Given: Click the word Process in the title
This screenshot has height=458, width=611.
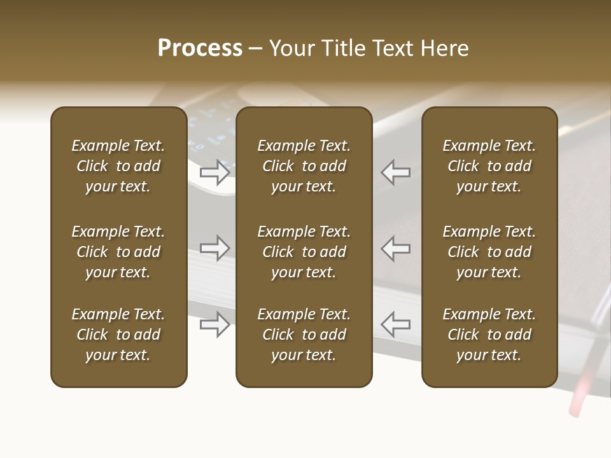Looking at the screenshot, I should [200, 48].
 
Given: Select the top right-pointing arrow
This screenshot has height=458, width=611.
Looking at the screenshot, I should [215, 172].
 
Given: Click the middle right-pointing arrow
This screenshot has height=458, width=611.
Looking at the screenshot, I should [215, 248].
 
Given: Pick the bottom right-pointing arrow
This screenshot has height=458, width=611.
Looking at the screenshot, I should [215, 324].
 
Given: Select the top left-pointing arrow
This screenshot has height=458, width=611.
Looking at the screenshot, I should [395, 172].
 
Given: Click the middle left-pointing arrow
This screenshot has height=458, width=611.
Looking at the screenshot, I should [395, 248].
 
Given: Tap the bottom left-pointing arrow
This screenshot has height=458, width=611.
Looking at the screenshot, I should [395, 324].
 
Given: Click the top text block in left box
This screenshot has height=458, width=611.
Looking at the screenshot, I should [118, 166].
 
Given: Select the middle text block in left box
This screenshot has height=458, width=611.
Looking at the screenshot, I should [118, 252].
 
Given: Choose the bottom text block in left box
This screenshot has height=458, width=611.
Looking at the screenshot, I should [118, 335].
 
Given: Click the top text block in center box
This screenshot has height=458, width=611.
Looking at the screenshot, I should [304, 166].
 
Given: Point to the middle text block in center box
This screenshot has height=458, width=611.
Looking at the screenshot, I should [304, 252].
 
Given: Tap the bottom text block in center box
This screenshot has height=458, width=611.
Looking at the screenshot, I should [304, 335].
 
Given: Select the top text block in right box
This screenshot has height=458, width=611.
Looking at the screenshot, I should [489, 166].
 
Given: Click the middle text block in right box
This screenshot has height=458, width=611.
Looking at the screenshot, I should [489, 252].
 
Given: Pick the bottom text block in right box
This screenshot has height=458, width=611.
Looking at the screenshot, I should [489, 335].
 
